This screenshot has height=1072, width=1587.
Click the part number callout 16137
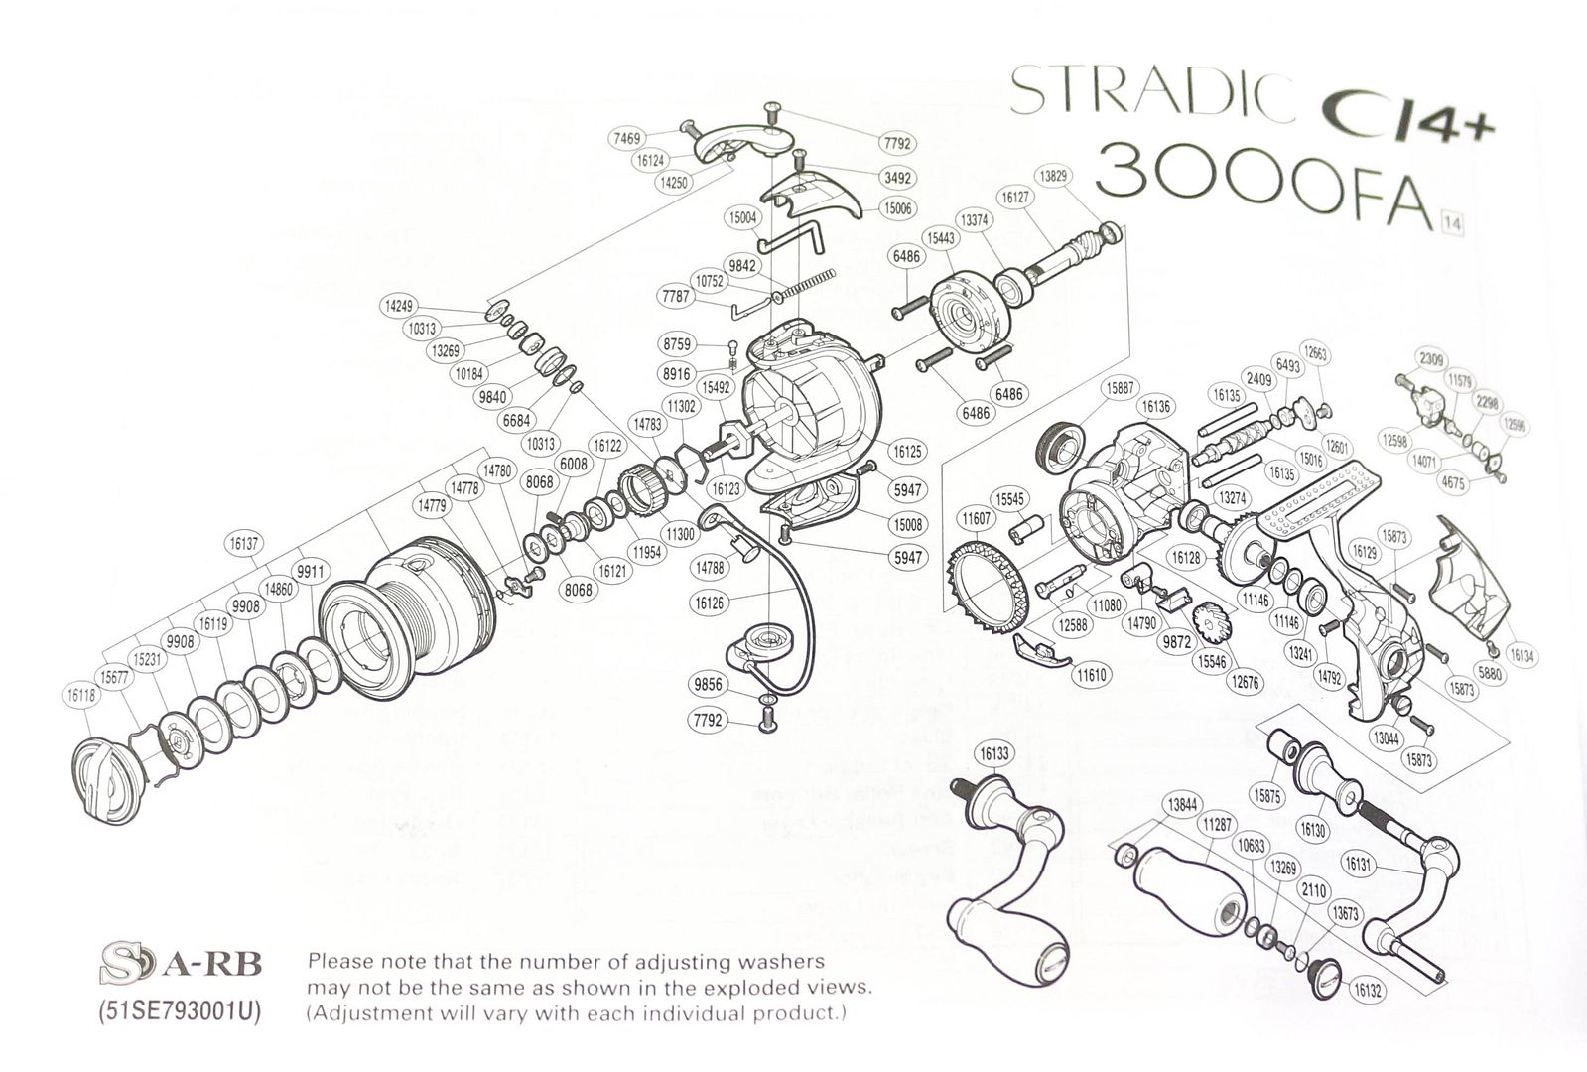pyautogui.click(x=243, y=543)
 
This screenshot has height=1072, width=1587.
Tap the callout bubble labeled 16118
pyautogui.click(x=81, y=696)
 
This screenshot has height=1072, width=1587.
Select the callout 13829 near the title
pyautogui.click(x=1052, y=176)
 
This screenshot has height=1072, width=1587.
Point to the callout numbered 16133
pyautogui.click(x=993, y=753)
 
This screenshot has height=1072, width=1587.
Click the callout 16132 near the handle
pyautogui.click(x=1367, y=990)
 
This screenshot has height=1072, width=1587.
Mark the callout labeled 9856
pyautogui.click(x=708, y=685)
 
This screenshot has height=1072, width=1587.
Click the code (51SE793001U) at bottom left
pyautogui.click(x=180, y=1014)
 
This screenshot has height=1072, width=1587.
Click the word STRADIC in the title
pyautogui.click(x=1151, y=92)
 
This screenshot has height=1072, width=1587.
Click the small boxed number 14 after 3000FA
pyautogui.click(x=1451, y=222)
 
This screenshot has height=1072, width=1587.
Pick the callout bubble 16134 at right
pyautogui.click(x=1521, y=656)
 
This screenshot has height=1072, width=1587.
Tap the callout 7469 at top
pyautogui.click(x=627, y=140)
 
